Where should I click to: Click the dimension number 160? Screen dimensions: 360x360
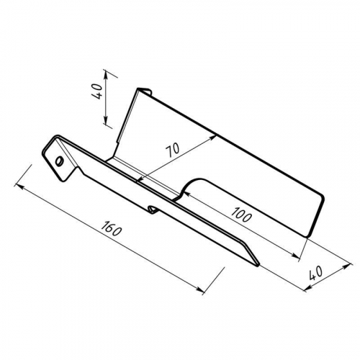point(111,228)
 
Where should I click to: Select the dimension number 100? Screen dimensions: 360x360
point(242,214)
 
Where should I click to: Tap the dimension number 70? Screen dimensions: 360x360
point(172,150)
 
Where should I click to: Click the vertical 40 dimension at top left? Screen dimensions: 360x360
point(97,91)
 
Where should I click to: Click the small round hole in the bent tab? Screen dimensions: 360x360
point(58,161)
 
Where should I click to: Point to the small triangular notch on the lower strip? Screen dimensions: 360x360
point(152,210)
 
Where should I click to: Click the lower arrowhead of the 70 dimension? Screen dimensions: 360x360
point(140,179)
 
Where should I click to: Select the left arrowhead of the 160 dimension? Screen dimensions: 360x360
point(19,186)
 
